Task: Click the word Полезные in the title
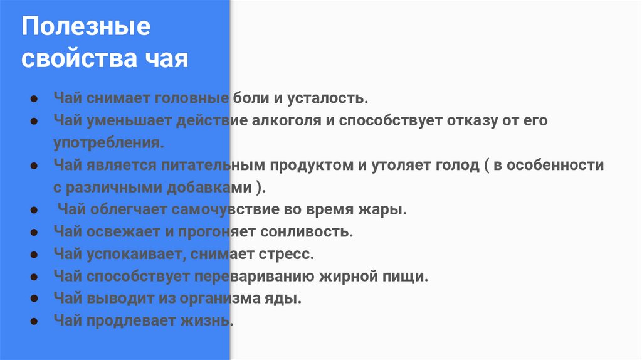(x=87, y=28)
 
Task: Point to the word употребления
(x=108, y=142)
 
